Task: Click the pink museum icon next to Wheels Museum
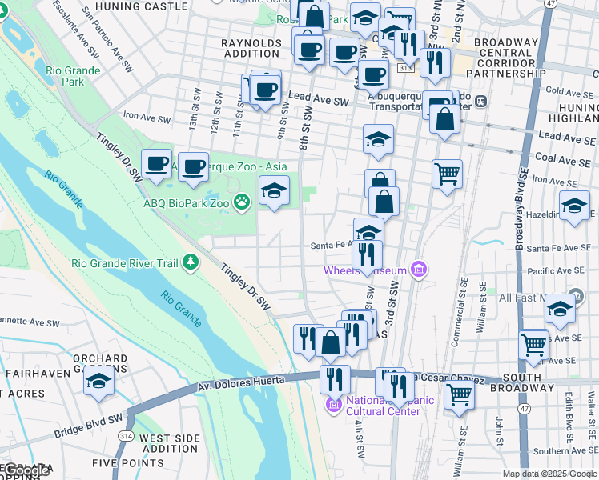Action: coord(417,270)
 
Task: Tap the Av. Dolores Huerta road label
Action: coord(240,385)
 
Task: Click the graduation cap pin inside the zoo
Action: coord(274,190)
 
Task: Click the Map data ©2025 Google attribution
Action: coord(549,474)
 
